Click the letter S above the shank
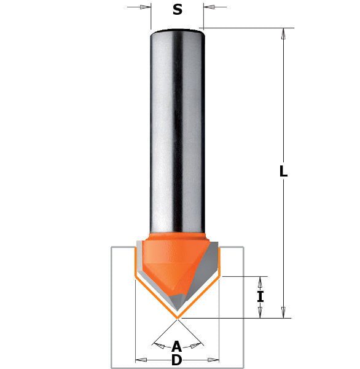[x=178, y=10]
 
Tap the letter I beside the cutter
[x=260, y=296]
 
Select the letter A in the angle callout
[x=176, y=346]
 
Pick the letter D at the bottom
[x=177, y=360]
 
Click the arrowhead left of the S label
[x=146, y=7]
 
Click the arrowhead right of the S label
[x=209, y=7]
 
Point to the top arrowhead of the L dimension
[x=283, y=34]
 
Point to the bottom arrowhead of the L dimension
[x=283, y=312]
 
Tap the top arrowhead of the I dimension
[x=260, y=282]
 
